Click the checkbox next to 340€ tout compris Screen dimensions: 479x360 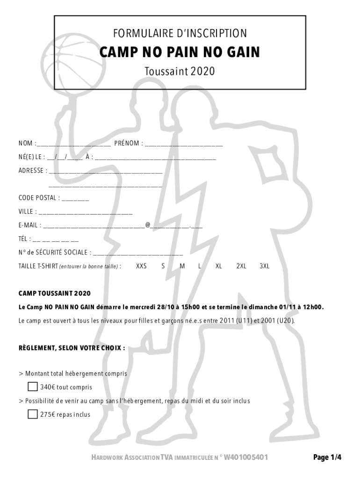(x=33, y=387)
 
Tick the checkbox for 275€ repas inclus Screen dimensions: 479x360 (x=33, y=414)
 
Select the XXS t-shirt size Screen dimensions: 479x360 (x=141, y=266)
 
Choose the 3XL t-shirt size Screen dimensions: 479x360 (x=265, y=266)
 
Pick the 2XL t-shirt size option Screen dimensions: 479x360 (x=241, y=266)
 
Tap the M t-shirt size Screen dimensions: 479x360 (x=182, y=266)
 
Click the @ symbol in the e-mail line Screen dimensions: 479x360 (x=148, y=225)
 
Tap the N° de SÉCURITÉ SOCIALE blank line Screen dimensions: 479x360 (x=138, y=253)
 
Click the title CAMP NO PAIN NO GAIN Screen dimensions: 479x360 (x=180, y=53)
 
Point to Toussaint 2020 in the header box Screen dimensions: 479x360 (x=180, y=71)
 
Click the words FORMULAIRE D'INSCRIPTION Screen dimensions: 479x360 (x=180, y=33)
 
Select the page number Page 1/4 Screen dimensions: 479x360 (x=327, y=457)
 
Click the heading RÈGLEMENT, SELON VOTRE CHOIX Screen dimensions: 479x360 (x=72, y=348)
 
